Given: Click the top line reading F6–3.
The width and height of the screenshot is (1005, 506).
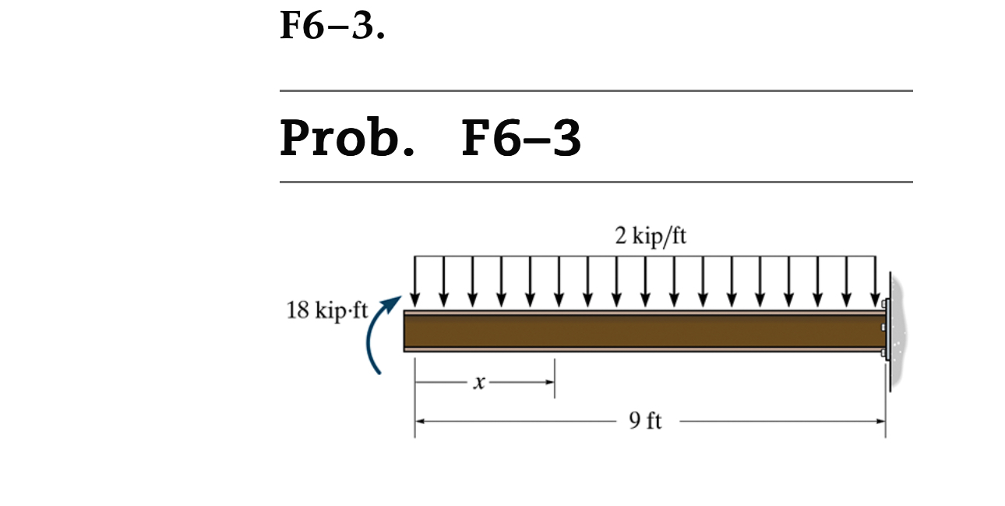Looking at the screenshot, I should point(332,27).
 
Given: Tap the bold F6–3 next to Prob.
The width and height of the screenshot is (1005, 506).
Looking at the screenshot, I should point(520,138).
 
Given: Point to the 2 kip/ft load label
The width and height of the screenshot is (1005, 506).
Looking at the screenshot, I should point(651,236).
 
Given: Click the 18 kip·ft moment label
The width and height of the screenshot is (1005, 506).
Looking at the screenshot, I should point(326,310).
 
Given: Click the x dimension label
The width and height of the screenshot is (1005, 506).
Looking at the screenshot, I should point(479,383).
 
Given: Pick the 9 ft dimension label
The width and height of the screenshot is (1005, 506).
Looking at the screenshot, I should point(645,422).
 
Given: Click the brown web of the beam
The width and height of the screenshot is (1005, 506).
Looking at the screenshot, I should point(639,331).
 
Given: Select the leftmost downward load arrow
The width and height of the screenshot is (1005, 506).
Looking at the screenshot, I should point(414,281).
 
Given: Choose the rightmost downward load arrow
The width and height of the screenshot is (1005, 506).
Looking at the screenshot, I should point(876,281).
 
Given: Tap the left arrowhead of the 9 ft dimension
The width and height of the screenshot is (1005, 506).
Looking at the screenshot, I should point(419,422).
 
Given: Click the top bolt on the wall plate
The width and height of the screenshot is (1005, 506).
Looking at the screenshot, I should point(884,303).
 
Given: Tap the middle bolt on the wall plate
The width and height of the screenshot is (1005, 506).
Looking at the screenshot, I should point(883,327).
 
